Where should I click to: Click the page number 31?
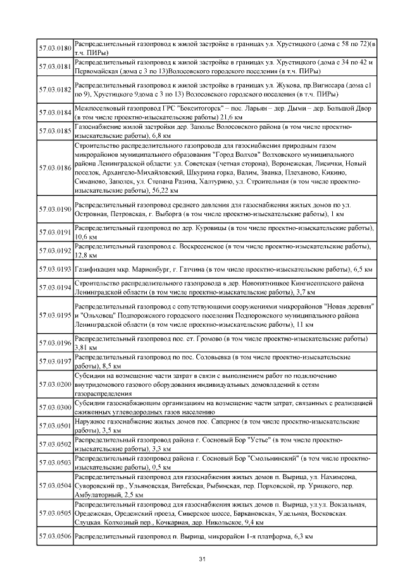click(202, 559)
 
